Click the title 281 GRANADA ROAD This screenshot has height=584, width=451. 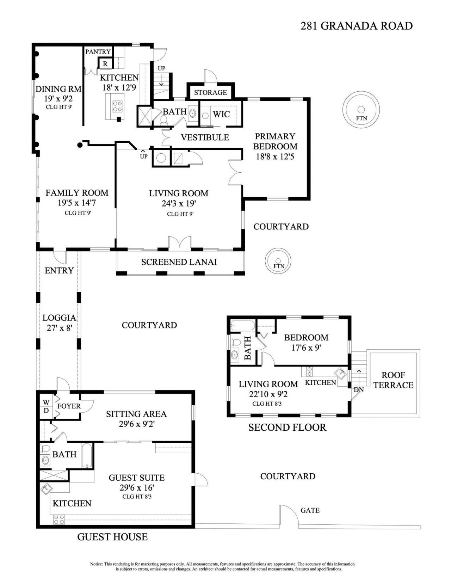click(356, 26)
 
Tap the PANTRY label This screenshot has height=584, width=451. click(98, 52)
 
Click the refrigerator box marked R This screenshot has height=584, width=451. click(105, 64)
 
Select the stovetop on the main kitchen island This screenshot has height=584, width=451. click(117, 106)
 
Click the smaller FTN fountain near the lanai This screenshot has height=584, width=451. click(278, 260)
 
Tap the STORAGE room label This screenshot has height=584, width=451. click(210, 93)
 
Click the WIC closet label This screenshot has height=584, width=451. click(221, 114)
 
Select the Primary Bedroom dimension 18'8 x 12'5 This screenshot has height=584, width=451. click(275, 156)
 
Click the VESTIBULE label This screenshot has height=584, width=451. click(205, 137)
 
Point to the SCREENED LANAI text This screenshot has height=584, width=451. click(179, 262)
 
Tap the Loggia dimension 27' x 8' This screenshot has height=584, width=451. click(59, 328)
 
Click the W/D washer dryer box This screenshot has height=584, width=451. click(46, 406)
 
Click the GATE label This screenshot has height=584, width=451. click(310, 510)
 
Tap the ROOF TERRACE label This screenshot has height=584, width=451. click(393, 380)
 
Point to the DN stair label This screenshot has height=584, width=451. click(358, 389)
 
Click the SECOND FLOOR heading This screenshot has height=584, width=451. click(287, 428)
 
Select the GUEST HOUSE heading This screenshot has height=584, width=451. click(112, 537)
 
